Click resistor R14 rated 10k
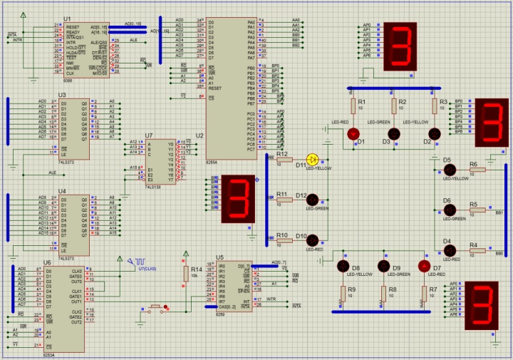[186, 274]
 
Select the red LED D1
[353, 134]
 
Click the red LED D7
[424, 266]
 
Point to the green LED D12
[312, 200]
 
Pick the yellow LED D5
[450, 170]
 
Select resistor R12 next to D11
[282, 160]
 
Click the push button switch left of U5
[155, 308]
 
